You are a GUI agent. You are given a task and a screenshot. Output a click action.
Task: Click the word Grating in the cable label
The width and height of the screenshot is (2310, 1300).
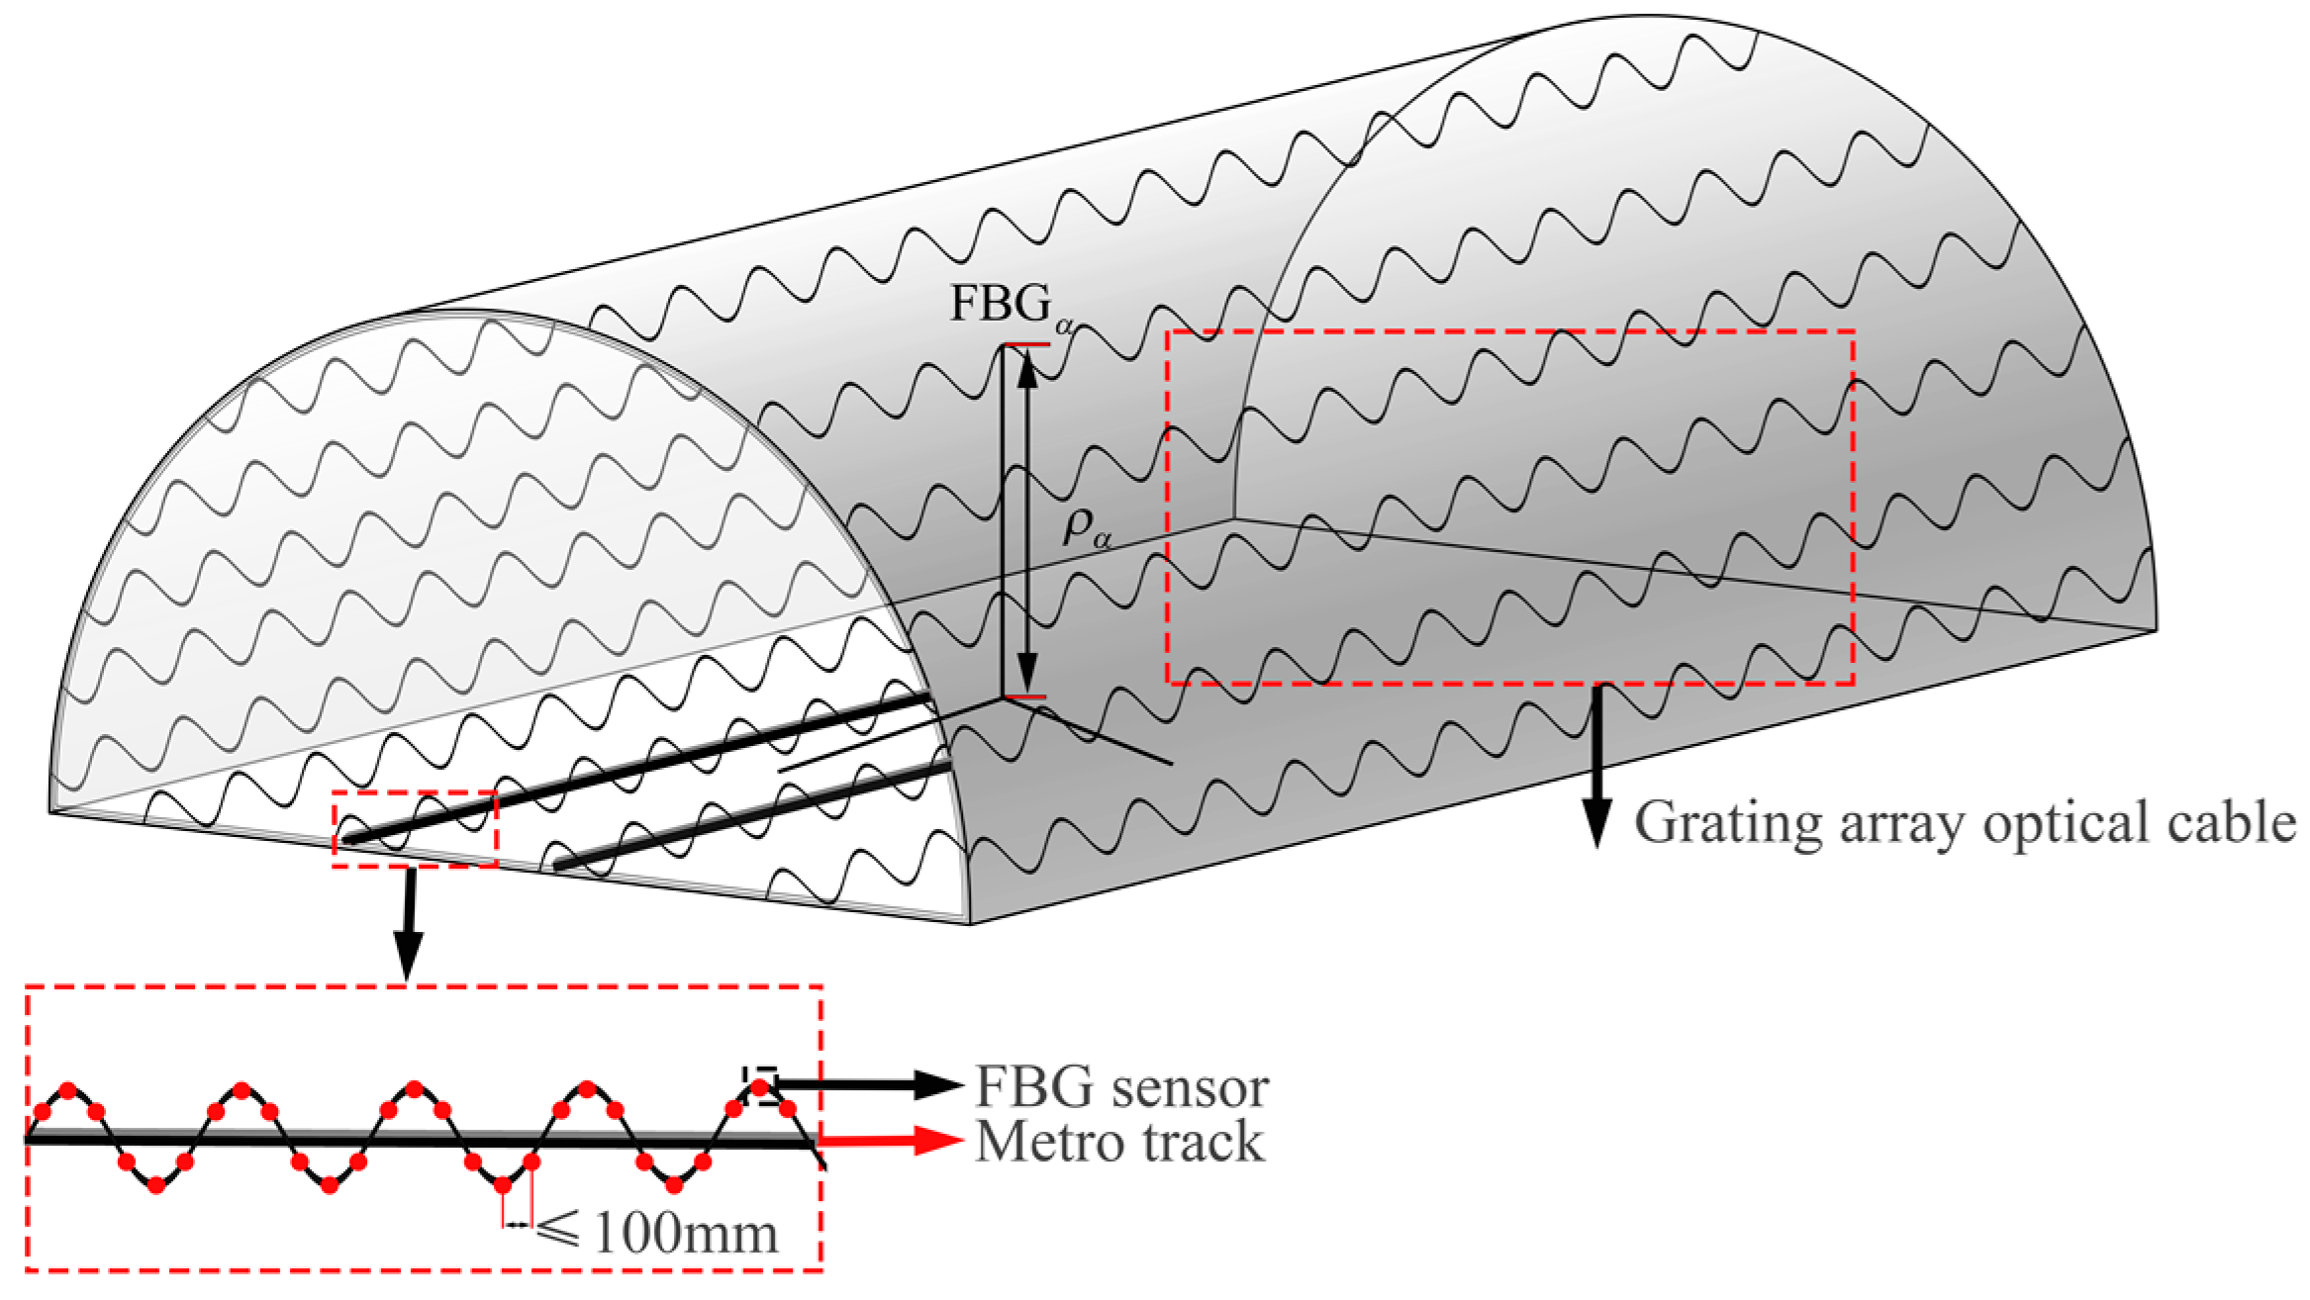[x=1727, y=823]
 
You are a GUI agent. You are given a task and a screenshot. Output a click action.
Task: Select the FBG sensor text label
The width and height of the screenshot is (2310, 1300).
[x=1121, y=1087]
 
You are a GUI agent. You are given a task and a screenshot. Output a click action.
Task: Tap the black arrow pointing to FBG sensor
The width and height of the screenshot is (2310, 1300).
[x=871, y=1085]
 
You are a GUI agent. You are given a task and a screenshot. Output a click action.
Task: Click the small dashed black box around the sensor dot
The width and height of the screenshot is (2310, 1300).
[x=760, y=1085]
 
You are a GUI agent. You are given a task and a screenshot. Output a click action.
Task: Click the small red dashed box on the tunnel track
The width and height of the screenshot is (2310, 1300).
[x=415, y=829]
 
